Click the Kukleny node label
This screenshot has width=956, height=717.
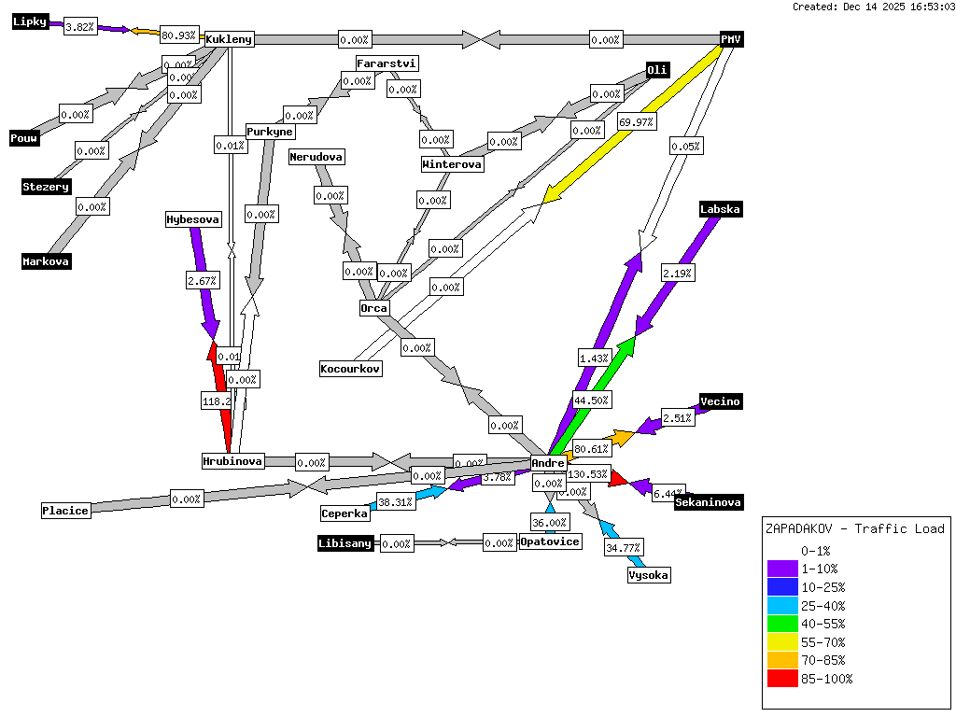click(229, 39)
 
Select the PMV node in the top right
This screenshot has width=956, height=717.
click(731, 39)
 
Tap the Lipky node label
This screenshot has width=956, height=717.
click(30, 22)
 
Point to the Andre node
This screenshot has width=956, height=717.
click(548, 463)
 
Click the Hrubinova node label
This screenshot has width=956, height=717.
click(233, 461)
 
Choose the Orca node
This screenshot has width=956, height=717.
click(373, 308)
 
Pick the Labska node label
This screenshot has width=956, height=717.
click(720, 210)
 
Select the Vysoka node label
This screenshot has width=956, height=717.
click(648, 575)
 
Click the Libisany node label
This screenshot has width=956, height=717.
click(345, 543)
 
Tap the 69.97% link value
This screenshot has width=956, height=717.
click(636, 122)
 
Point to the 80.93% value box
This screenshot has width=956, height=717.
click(179, 35)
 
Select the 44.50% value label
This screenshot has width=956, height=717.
click(592, 401)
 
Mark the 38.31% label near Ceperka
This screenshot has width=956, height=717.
click(396, 502)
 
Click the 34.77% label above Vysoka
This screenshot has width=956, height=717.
click(624, 547)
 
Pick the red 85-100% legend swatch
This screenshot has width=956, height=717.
click(782, 679)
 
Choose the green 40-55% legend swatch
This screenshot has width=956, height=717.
click(782, 624)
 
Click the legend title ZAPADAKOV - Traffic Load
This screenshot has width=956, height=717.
click(854, 528)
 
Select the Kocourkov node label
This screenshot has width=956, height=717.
click(350, 369)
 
